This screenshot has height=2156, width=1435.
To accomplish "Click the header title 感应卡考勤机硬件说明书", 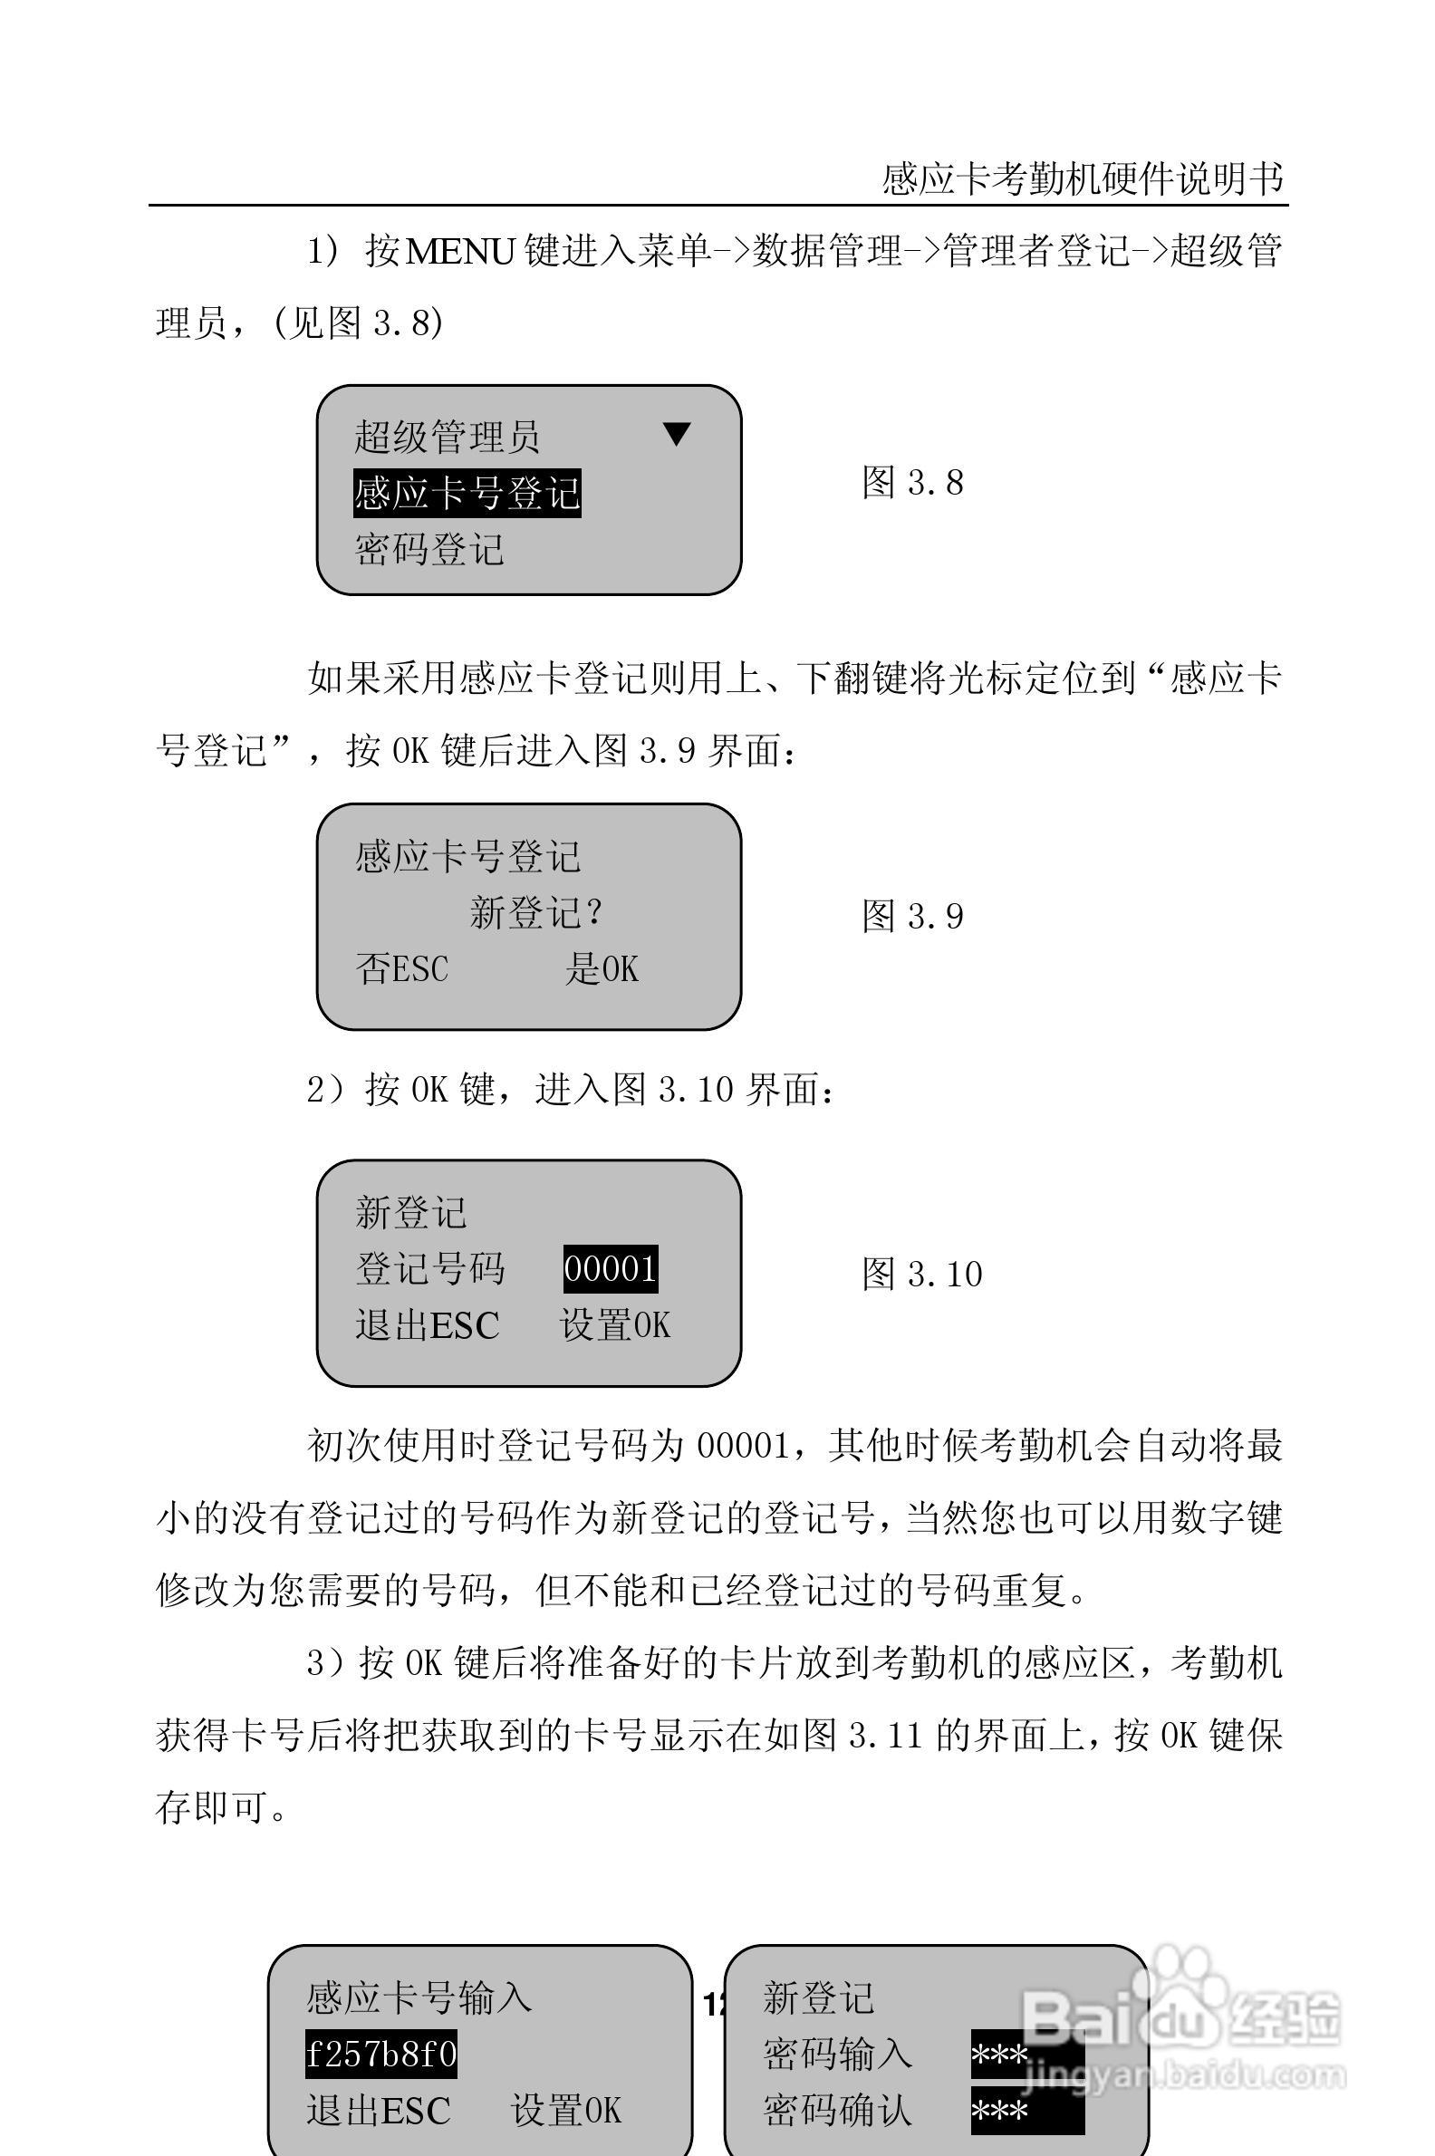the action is click(x=1083, y=179).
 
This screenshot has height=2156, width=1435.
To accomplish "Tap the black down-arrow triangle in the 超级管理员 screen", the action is click(x=677, y=434).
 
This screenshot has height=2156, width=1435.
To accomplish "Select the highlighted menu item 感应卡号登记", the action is click(x=467, y=493).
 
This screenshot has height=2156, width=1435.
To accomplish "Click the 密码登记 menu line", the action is click(x=429, y=550).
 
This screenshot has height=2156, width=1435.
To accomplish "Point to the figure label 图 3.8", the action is click(x=912, y=482).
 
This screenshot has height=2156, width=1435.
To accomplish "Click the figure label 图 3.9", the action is click(x=912, y=916).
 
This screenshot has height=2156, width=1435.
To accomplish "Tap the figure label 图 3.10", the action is click(x=921, y=1274).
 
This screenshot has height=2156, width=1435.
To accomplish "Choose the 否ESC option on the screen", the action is click(x=401, y=969).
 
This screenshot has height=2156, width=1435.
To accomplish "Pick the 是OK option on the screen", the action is click(x=602, y=969).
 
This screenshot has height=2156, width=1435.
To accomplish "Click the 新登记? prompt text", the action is click(x=536, y=912).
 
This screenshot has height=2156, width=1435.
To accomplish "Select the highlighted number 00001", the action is click(x=611, y=1269).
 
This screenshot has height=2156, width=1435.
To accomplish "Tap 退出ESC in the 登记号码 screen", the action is click(x=428, y=1325).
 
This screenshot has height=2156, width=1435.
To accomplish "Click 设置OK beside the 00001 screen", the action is click(x=615, y=1325).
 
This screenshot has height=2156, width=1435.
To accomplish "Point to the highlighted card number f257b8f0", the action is click(x=380, y=2055).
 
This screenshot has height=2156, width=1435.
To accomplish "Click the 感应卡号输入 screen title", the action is click(x=419, y=1997).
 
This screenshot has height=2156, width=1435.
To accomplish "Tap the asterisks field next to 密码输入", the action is click(x=1026, y=2055).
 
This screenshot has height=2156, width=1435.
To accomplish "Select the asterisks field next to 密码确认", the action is click(x=1026, y=2112).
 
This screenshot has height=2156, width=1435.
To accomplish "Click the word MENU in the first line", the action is click(x=459, y=251).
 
